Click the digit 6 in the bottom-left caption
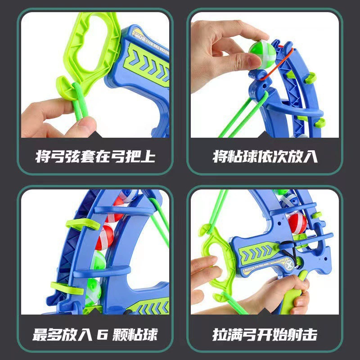(x=102, y=334)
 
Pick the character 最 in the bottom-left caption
(x=40, y=334)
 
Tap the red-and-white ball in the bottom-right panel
(x=297, y=223)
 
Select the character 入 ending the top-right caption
(x=310, y=157)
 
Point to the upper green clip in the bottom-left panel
(x=83, y=224)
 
